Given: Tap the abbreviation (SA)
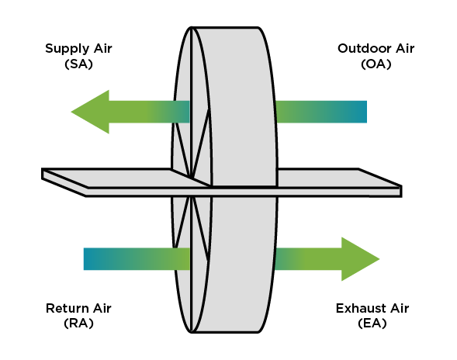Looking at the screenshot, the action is pyautogui.click(x=78, y=64).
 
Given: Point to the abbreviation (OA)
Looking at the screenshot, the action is pyautogui.click(x=376, y=64).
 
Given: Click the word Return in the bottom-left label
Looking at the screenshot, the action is pyautogui.click(x=67, y=308).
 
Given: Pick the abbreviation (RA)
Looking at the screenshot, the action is pyautogui.click(x=78, y=324).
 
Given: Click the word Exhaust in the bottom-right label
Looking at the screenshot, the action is pyautogui.click(x=361, y=308).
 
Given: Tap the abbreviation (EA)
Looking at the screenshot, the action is pyautogui.click(x=372, y=324).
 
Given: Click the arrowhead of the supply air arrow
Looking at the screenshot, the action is pyautogui.click(x=90, y=112).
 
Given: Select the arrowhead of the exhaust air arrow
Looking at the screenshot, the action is pyautogui.click(x=360, y=259).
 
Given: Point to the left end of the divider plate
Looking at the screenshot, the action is pyautogui.click(x=43, y=174).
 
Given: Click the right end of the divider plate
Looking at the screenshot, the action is pyautogui.click(x=401, y=191).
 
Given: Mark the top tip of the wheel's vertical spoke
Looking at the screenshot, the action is pyautogui.click(x=192, y=27).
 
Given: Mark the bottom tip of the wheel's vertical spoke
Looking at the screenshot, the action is pyautogui.click(x=191, y=332).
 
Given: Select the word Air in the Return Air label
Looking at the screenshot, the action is pyautogui.click(x=102, y=308).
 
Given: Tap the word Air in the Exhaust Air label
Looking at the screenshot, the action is pyautogui.click(x=400, y=308).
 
